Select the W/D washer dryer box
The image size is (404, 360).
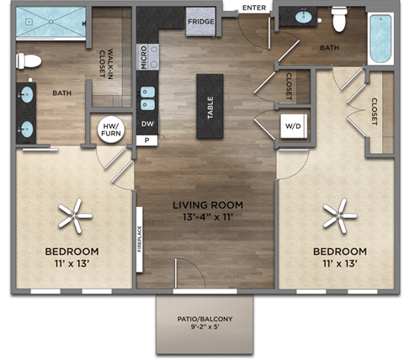pos(294,128)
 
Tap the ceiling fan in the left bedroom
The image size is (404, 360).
pos(74,217)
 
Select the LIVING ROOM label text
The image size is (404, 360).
pos(208,204)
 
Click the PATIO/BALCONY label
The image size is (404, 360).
pos(205,319)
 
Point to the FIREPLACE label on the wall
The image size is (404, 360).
pos(141,243)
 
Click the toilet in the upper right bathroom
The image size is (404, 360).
pos(340,18)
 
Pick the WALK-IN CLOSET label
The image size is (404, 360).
pos(107,62)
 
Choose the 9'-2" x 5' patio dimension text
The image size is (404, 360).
pos(205,331)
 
